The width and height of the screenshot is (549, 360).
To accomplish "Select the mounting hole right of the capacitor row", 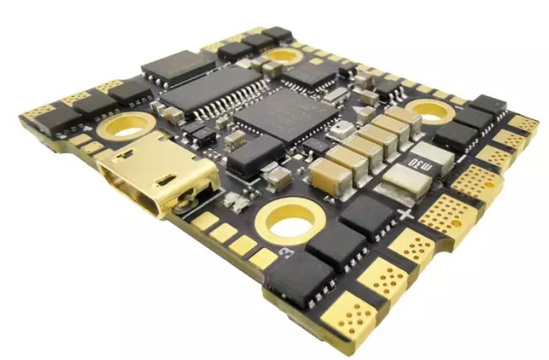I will pyautogui.click(x=431, y=112).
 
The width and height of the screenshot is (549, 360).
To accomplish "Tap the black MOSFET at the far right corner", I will pyautogui.click(x=488, y=108).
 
